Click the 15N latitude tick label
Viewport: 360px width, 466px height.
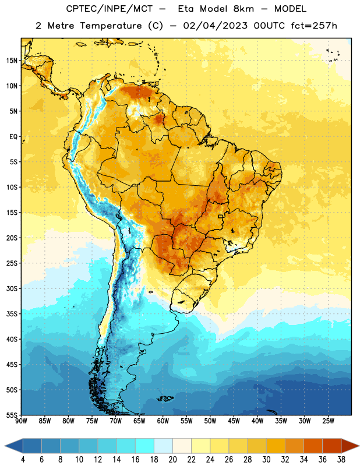coord(12,61)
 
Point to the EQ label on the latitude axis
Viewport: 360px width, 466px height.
coord(13,137)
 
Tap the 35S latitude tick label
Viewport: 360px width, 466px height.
coord(12,314)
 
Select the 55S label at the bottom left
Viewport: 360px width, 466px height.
coord(12,415)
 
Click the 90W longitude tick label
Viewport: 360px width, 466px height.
coord(21,421)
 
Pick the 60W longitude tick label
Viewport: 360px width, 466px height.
coord(163,421)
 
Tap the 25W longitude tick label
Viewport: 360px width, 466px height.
coord(328,421)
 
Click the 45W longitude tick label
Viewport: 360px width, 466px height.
coord(234,421)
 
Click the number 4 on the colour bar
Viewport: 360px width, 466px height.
coord(23,460)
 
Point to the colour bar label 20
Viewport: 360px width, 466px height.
coord(172,460)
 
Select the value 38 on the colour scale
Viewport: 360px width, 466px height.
coord(341,460)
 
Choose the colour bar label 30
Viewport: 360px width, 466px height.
coord(266,460)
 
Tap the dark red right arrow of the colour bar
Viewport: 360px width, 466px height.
coord(350,446)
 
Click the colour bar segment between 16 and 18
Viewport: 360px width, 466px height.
coord(145,446)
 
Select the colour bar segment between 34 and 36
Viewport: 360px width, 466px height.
coord(313,446)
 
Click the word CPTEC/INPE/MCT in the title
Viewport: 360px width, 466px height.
coord(110,9)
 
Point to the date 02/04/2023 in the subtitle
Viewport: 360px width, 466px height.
coord(215,26)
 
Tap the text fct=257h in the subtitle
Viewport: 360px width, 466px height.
coord(314,26)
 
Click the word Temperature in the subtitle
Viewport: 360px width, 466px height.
coord(111,26)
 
